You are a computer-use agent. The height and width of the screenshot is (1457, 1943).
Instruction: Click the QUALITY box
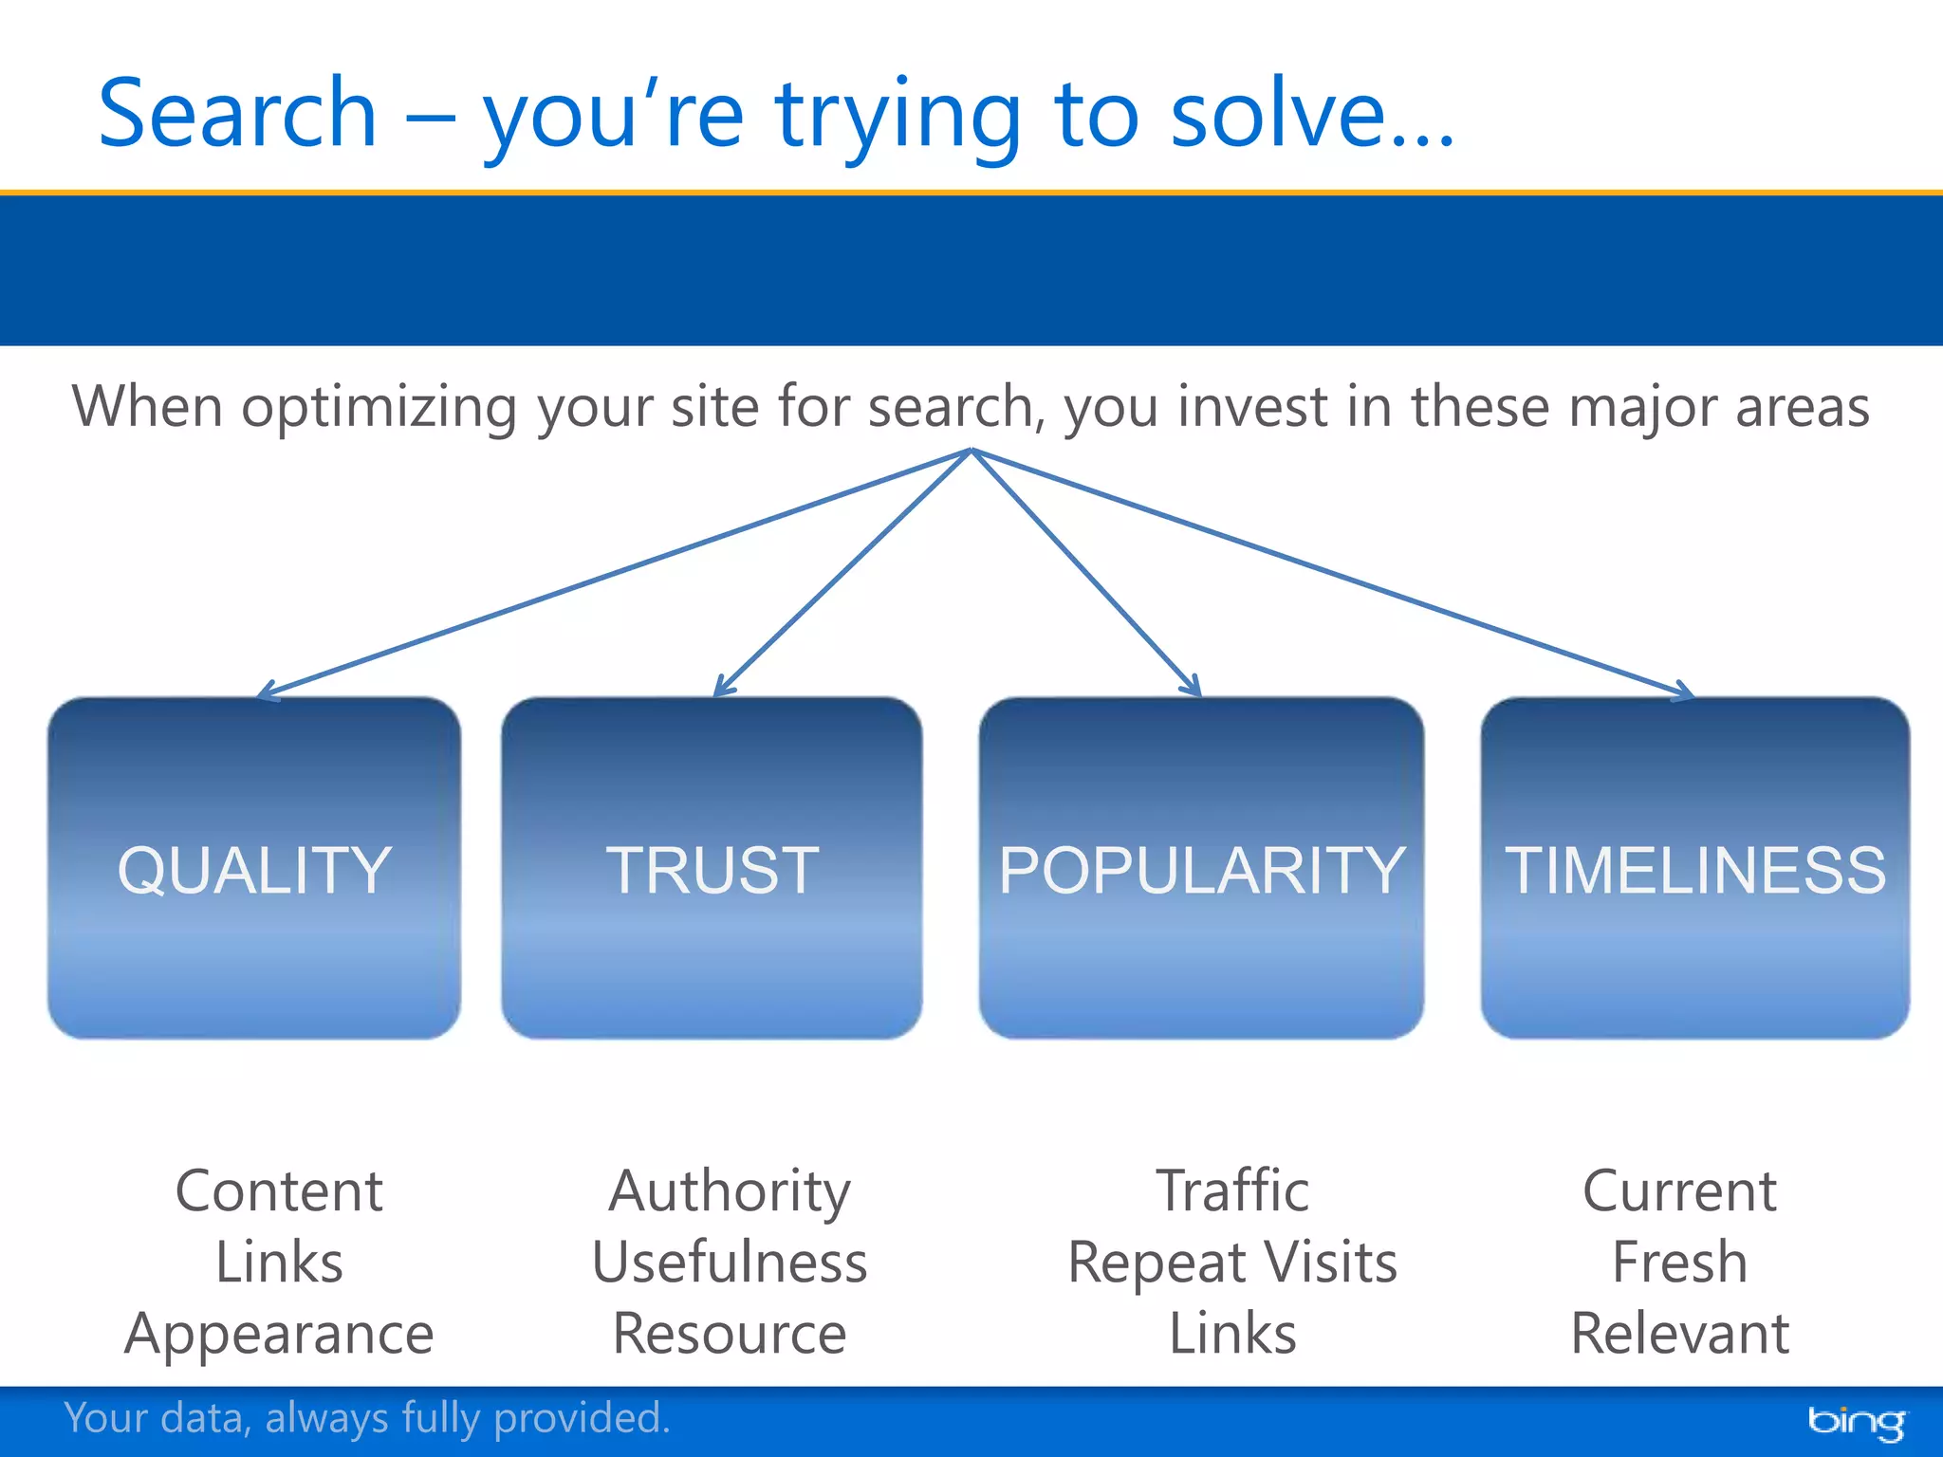tap(254, 868)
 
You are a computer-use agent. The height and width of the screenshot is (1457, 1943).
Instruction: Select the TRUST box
tap(712, 868)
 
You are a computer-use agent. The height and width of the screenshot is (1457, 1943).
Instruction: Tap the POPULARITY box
tap(1201, 868)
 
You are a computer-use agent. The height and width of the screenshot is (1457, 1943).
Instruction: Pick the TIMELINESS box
tap(1694, 868)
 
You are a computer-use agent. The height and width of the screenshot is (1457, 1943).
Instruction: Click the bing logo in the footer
tap(1855, 1421)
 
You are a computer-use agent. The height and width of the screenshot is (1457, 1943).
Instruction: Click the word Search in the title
tap(237, 114)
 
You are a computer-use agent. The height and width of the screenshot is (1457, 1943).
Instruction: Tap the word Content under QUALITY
tap(279, 1190)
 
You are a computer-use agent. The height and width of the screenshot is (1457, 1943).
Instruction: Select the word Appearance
tap(279, 1334)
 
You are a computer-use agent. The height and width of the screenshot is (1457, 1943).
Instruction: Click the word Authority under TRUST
tap(729, 1190)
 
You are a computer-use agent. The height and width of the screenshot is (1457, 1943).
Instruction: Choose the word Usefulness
tap(729, 1263)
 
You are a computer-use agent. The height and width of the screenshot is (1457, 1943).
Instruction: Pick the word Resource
tap(729, 1334)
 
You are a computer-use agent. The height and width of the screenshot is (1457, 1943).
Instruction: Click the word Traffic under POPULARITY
tap(1231, 1190)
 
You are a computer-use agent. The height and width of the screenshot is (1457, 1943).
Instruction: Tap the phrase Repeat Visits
tap(1231, 1263)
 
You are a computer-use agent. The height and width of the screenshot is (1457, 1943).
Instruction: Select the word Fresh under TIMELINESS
tap(1679, 1263)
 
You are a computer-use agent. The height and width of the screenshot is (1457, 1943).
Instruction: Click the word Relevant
tap(1679, 1334)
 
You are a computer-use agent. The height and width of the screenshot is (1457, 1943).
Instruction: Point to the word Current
tap(1679, 1190)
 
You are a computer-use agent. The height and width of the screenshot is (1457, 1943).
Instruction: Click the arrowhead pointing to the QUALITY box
tap(266, 693)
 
